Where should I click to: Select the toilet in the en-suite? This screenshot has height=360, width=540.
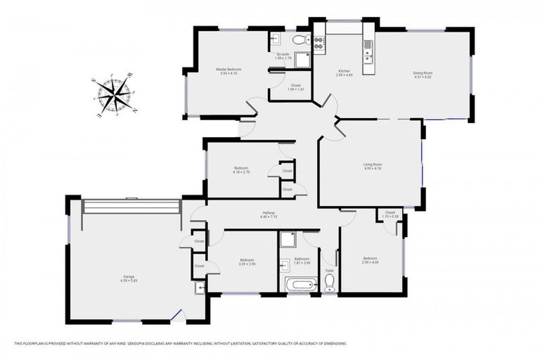pyautogui.click(x=300, y=40)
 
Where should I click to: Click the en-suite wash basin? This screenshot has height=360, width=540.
pyautogui.click(x=276, y=39)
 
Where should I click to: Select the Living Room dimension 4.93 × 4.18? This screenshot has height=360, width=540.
pyautogui.click(x=372, y=169)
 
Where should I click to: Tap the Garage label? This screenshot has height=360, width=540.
pyautogui.click(x=129, y=276)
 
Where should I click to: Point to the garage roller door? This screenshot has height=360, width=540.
pyautogui.click(x=131, y=207)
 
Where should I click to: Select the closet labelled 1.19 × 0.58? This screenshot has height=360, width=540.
pyautogui.click(x=390, y=216)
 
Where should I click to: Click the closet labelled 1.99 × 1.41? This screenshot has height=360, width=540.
pyautogui.click(x=295, y=89)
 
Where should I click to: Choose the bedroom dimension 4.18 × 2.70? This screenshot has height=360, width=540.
pyautogui.click(x=241, y=172)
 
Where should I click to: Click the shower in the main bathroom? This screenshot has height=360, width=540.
pyautogui.click(x=288, y=240)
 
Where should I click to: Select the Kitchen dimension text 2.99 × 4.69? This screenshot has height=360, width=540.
pyautogui.click(x=345, y=75)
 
